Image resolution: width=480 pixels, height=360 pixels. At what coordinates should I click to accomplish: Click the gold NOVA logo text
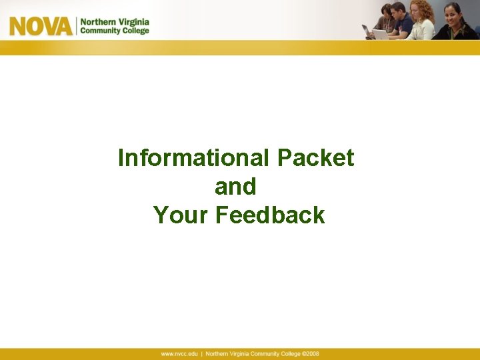(40, 25)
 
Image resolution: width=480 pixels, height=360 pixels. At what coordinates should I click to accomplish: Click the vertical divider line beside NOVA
(75, 26)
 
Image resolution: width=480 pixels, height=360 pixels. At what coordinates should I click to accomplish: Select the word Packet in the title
(315, 158)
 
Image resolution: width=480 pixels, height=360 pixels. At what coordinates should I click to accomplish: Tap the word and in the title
(235, 187)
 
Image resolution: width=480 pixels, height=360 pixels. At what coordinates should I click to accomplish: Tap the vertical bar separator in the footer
(201, 354)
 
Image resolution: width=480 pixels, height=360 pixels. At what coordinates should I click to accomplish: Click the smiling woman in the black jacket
(455, 23)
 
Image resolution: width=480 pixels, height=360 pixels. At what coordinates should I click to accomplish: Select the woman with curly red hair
(421, 21)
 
